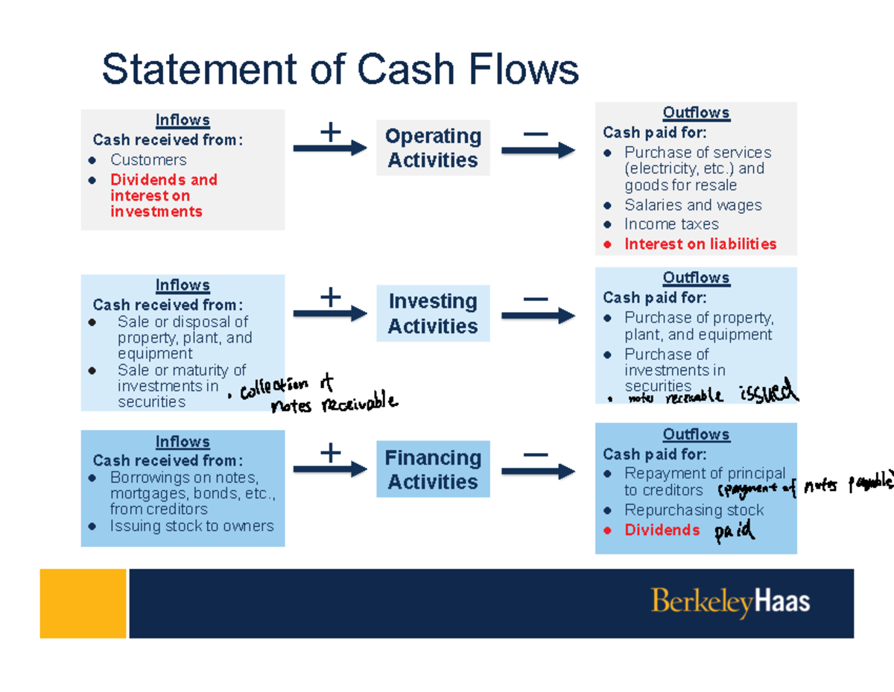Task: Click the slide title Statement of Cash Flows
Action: [x=340, y=70]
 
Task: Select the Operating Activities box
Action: [x=433, y=148]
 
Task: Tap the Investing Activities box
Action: [x=433, y=314]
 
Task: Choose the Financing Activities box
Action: [x=433, y=470]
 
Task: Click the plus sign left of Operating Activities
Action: [x=330, y=133]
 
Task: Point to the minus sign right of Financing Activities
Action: [x=536, y=454]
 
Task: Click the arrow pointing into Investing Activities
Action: [x=330, y=314]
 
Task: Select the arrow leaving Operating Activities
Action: [x=537, y=150]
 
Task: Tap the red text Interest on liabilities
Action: [x=700, y=244]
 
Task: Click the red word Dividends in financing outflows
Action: [x=662, y=530]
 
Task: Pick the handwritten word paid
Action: [x=735, y=532]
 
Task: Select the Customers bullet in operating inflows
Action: [x=148, y=160]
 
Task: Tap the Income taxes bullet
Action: [x=670, y=224]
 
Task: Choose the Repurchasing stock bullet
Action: [x=693, y=510]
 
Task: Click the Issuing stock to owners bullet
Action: [x=191, y=526]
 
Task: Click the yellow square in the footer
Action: [x=83, y=603]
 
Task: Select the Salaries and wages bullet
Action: [x=692, y=206]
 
